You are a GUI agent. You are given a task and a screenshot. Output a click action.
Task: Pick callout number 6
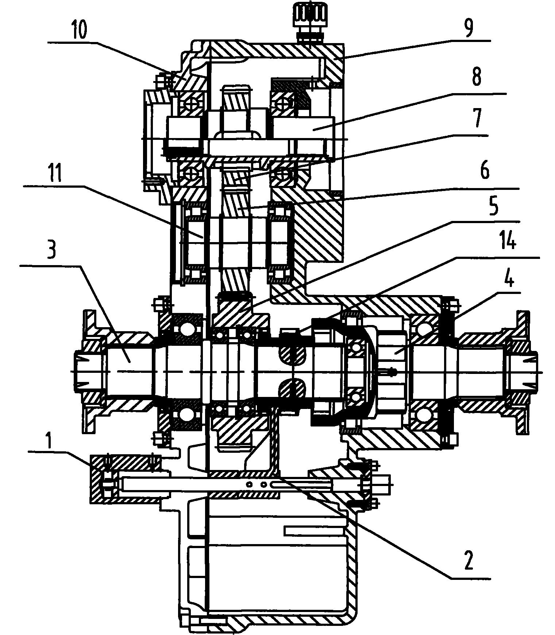[x=484, y=171]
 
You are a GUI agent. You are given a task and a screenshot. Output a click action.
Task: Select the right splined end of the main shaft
[x=522, y=372]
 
